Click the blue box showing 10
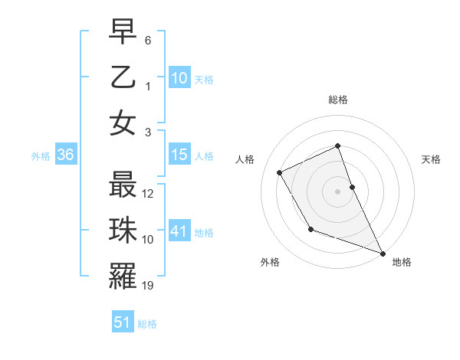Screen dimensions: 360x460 (x=179, y=77)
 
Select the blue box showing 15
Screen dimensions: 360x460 (x=179, y=155)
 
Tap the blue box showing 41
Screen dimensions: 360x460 (x=179, y=231)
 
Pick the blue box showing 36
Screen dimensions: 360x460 (x=65, y=155)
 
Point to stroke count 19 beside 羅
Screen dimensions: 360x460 (x=149, y=286)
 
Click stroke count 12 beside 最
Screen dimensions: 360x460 (x=149, y=194)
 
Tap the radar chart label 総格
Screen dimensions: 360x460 (x=338, y=100)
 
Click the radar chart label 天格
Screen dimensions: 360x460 (x=431, y=159)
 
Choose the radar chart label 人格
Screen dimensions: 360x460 (x=245, y=159)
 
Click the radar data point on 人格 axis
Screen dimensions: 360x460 (x=280, y=172)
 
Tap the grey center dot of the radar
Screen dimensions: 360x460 (x=338, y=191)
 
